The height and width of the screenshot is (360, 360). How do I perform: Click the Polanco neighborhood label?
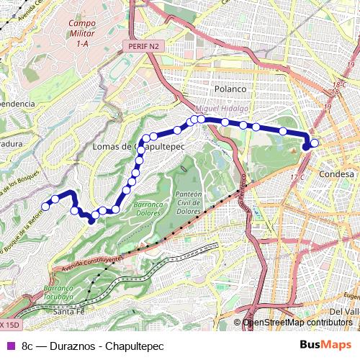230,89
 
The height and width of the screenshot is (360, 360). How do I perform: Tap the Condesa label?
336,174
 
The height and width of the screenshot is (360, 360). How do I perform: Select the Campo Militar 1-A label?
81,33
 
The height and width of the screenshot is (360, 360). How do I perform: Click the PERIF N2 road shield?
143,45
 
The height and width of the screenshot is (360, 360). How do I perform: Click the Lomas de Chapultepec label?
140,146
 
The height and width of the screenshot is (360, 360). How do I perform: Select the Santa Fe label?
69,311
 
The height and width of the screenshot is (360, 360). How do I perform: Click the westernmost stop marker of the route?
45,207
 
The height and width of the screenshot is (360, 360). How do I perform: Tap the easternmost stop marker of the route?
315,143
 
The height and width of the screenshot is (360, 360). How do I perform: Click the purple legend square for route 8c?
9,345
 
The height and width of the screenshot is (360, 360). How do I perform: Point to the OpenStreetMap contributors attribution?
297,323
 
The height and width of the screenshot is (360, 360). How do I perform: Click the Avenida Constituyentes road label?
86,264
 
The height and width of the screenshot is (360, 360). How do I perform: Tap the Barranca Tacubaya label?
61,291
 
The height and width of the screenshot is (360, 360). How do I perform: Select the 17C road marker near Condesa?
296,177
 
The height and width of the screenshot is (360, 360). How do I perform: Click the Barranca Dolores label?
148,209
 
